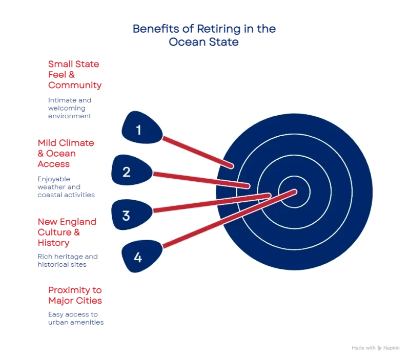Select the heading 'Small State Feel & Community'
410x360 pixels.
[x=74, y=75]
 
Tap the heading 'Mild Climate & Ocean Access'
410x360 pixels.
[x=66, y=153]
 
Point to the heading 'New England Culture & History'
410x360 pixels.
[x=67, y=232]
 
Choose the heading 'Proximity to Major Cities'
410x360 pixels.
[x=75, y=294]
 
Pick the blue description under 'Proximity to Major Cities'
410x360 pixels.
[x=76, y=319]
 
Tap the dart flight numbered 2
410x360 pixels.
[x=128, y=171]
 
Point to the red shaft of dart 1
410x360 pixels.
[x=197, y=152]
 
